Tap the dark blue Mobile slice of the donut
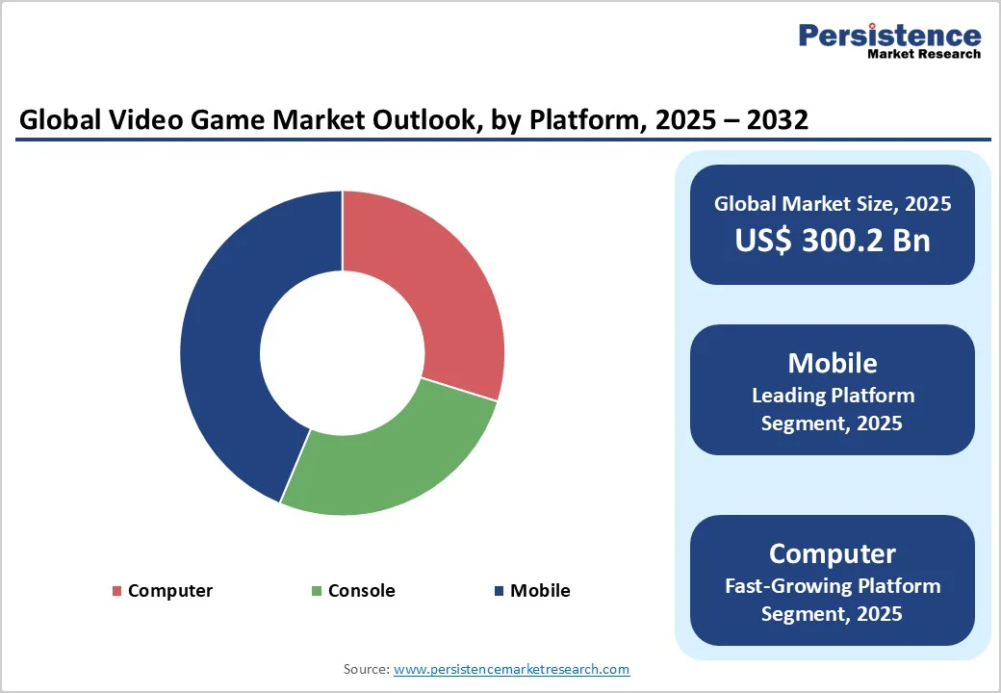pos(231,356)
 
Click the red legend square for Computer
pos(117,591)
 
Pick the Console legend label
pos(361,591)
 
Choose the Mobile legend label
pos(540,591)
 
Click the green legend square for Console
pos(318,591)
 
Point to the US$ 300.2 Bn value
pos(833,240)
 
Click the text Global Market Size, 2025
pos(833,204)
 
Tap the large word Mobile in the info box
pos(833,363)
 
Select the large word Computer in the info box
pos(833,553)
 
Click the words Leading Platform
pos(833,396)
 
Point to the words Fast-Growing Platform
pos(833,586)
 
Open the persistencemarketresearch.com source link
pos(511,669)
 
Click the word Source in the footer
pos(365,669)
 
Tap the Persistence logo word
pos(889,36)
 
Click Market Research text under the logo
pos(923,55)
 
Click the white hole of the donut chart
pos(343,353)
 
